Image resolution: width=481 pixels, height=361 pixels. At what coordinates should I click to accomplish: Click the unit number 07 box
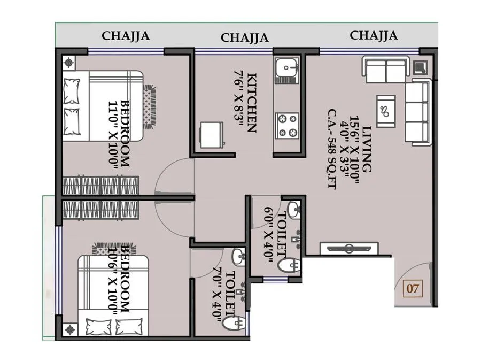click(x=413, y=289)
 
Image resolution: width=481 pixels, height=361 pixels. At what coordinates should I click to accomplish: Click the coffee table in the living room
click(x=385, y=111)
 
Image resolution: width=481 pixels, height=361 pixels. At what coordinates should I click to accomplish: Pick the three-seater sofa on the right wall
click(x=417, y=111)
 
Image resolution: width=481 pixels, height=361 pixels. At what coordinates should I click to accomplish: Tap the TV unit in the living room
click(x=349, y=248)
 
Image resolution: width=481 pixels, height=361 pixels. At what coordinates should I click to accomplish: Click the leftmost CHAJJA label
click(x=126, y=36)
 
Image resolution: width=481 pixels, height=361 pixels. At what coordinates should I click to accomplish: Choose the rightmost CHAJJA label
click(x=374, y=35)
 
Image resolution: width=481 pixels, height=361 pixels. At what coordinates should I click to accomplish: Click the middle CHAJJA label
click(x=244, y=37)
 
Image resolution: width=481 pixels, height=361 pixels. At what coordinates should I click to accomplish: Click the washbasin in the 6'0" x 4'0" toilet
click(x=294, y=209)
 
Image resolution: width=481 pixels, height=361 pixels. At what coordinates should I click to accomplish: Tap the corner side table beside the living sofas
click(x=420, y=67)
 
